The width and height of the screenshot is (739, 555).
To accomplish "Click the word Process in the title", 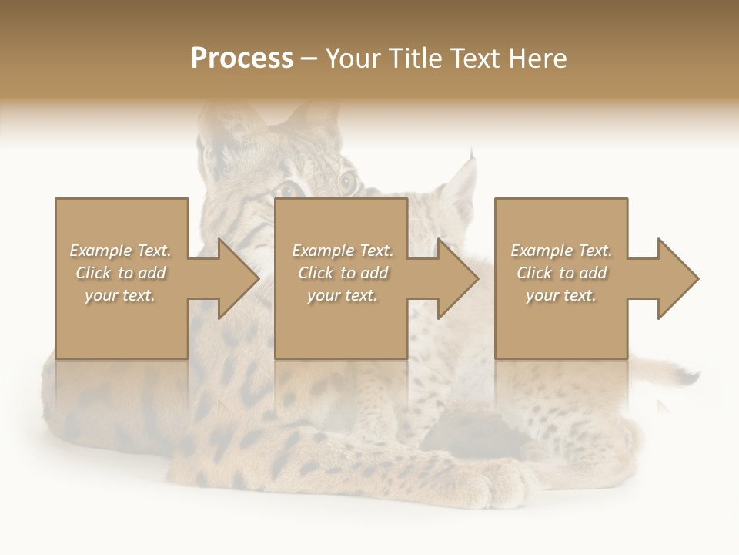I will (242, 59).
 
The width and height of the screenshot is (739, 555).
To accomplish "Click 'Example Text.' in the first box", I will (120, 251).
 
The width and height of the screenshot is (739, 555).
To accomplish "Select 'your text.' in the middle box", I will (342, 295).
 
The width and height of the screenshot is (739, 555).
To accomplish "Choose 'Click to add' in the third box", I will (561, 273).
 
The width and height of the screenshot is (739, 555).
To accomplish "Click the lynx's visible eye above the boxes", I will (349, 183).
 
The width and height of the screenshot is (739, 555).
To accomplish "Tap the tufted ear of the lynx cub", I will (462, 185).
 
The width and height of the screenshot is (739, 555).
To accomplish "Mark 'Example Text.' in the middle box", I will (342, 251).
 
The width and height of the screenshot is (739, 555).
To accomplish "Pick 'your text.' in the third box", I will (561, 295).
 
